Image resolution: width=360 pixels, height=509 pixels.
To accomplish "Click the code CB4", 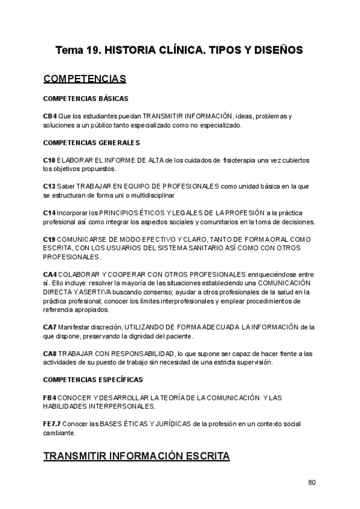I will [50, 116].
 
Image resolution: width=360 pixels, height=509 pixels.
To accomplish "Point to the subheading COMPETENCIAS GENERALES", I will [91, 143].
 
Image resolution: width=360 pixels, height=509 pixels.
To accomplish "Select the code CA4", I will [50, 274].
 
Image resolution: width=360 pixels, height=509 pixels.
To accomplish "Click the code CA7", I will [50, 327].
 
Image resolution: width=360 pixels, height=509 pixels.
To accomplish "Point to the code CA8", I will [50, 354].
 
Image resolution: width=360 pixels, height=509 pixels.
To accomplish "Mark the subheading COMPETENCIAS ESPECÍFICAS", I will [93, 380].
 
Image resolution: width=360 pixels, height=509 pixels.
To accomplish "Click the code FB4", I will [50, 397].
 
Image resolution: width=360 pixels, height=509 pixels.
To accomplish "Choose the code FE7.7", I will [52, 424].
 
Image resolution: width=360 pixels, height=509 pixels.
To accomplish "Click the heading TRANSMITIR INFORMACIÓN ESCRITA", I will [136, 457].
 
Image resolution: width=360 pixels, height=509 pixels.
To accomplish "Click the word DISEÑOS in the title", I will [277, 50].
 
